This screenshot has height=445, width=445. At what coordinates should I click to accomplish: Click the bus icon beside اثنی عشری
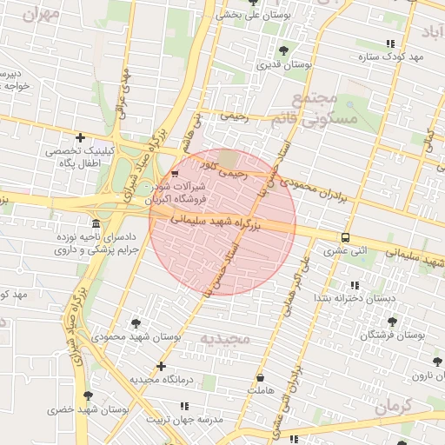click(346, 237)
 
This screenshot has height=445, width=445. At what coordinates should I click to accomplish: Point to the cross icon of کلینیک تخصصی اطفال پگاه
click(81, 137)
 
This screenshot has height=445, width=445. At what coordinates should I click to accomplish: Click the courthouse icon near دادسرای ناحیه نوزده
click(94, 222)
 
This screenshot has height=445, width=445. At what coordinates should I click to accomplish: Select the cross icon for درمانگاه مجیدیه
click(161, 366)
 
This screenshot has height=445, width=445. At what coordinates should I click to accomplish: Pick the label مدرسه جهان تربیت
click(184, 419)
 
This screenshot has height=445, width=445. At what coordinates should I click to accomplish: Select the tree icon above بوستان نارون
click(436, 362)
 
